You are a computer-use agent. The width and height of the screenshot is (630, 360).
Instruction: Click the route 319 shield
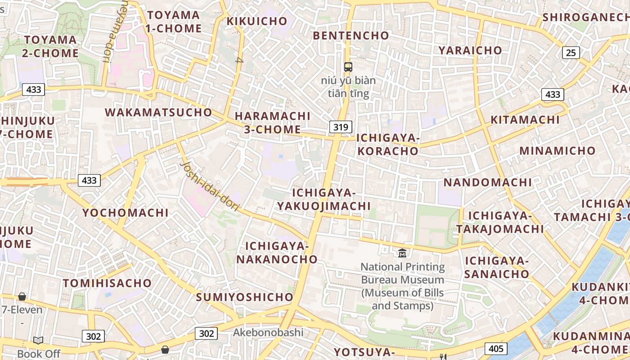point(341,127)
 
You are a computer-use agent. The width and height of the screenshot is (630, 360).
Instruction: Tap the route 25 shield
point(571,53)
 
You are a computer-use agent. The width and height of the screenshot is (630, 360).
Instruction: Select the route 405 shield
point(496,348)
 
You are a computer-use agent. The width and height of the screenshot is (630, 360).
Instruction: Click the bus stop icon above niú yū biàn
point(348,67)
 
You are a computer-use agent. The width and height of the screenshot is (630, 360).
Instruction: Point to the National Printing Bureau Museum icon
point(402,253)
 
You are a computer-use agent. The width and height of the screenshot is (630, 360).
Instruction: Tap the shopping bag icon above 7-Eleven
point(22,297)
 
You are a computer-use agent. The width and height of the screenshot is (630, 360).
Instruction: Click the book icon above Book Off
point(38,341)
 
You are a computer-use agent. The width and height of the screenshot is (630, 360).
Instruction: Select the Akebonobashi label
point(268,333)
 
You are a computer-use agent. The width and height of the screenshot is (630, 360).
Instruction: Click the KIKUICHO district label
point(257,21)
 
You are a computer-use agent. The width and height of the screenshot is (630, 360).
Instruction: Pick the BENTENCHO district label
point(351,36)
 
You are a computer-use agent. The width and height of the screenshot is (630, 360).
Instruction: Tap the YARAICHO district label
point(470,50)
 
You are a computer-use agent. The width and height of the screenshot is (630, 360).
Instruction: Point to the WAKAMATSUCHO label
point(158,112)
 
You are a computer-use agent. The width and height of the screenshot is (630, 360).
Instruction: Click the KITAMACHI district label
point(525,120)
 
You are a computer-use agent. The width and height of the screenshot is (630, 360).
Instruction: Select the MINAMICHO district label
point(558,151)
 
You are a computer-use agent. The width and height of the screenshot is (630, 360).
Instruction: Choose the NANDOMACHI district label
point(488,182)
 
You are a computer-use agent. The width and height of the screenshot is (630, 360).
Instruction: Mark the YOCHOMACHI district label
point(126,212)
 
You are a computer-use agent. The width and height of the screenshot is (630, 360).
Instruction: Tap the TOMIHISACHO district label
point(107,283)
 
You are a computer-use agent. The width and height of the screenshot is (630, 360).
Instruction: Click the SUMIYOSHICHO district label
point(245,297)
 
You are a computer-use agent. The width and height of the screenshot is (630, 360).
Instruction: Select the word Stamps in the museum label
point(412,306)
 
